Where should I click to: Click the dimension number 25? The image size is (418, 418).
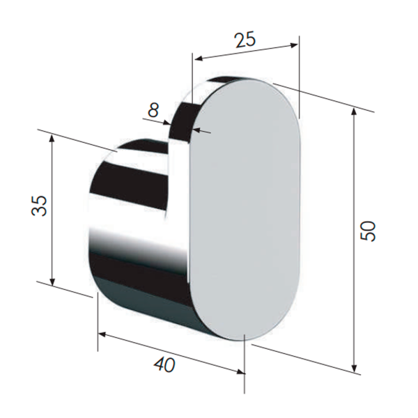point(245,40)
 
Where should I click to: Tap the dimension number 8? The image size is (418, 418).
point(153,109)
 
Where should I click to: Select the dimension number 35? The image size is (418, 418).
point(39,206)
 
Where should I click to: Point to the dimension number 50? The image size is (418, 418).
point(368,231)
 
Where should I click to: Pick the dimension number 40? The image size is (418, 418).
point(164,364)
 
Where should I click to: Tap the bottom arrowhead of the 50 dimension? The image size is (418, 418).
point(354,368)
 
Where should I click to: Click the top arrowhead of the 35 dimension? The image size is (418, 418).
point(52,138)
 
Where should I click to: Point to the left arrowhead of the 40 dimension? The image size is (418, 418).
point(102,334)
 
